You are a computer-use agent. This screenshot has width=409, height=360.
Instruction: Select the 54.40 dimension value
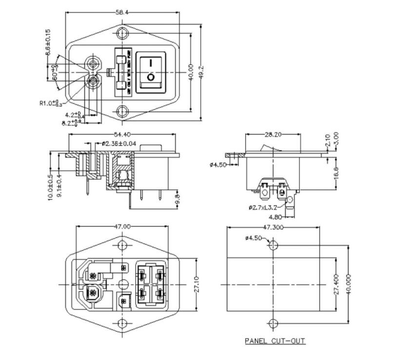(122, 134)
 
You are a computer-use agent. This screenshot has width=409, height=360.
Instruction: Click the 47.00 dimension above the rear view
(122, 227)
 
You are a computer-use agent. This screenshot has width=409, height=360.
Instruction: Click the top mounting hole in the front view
(122, 34)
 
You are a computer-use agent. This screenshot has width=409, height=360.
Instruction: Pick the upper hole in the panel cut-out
(273, 244)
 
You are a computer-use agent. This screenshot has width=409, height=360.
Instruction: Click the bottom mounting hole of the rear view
(122, 323)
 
